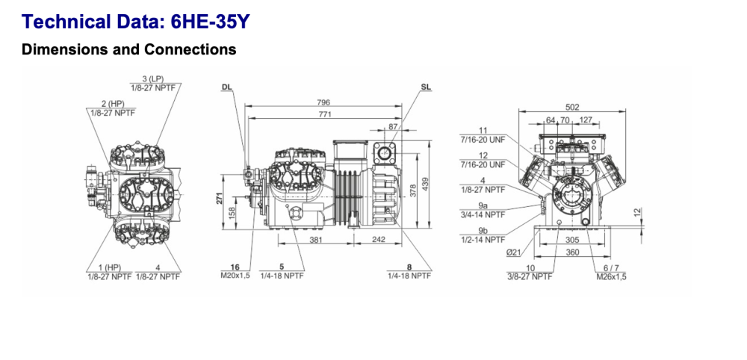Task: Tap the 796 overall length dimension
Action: coord(323,102)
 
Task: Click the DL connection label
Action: coord(227,87)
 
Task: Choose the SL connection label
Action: coord(426,87)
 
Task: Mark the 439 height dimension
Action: coord(425,184)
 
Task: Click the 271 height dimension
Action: coord(220,199)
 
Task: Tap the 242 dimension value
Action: coord(379,240)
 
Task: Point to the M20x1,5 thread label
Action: coord(235,276)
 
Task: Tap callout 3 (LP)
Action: coord(153,79)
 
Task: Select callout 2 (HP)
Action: coord(113,103)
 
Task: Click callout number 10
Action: coord(531,267)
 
